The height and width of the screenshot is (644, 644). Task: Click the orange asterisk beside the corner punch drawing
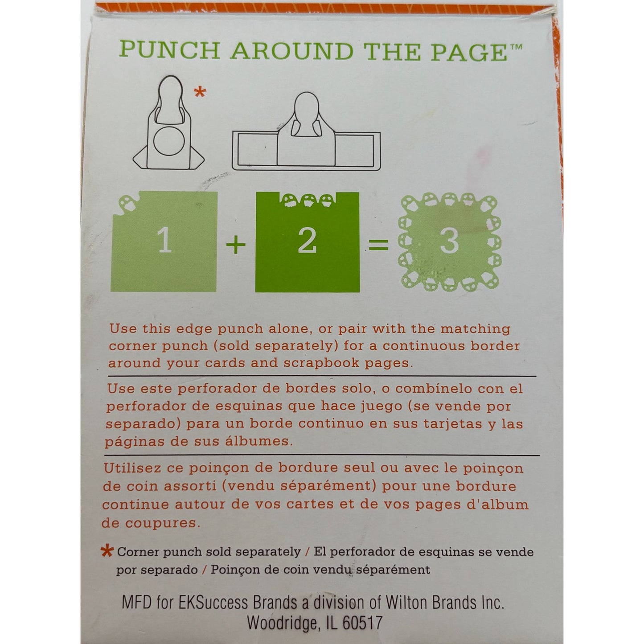[x=200, y=91]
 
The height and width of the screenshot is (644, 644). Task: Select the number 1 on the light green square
[x=164, y=241]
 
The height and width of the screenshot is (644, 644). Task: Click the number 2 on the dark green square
[x=307, y=241]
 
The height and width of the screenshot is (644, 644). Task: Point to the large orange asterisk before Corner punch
[x=107, y=551]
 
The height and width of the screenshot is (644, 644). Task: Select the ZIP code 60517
[x=363, y=623]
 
